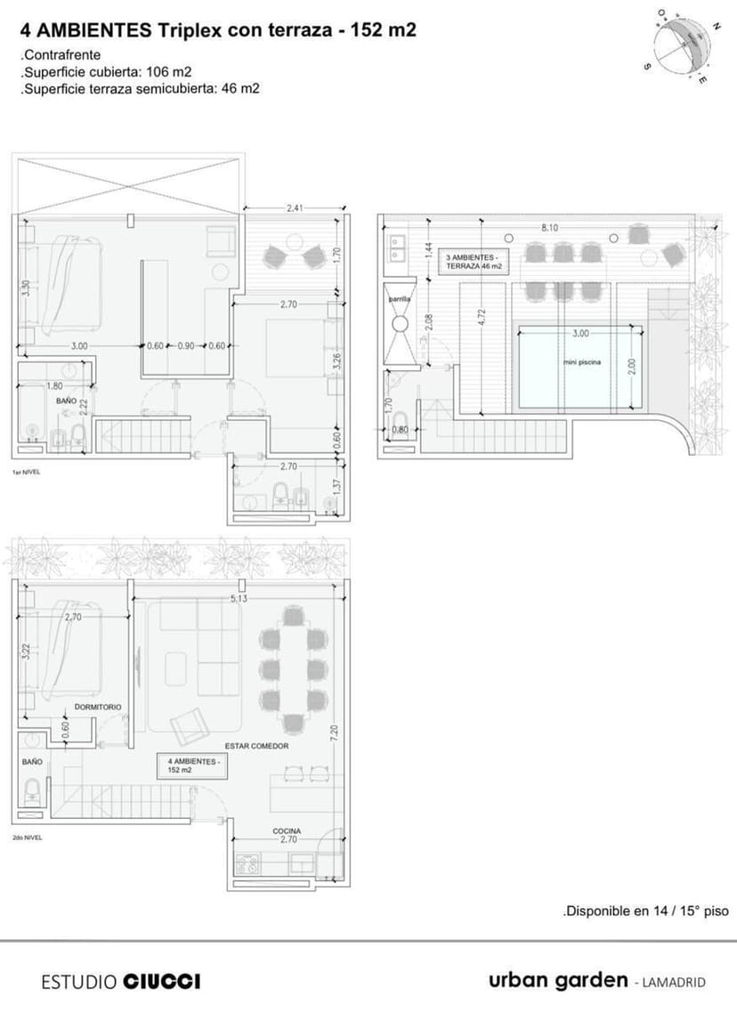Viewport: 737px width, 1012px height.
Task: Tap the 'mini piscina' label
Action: (x=582, y=362)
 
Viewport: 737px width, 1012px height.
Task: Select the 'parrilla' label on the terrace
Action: (x=400, y=300)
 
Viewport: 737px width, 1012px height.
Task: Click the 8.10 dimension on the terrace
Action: (x=549, y=228)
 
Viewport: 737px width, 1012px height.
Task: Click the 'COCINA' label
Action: (x=287, y=831)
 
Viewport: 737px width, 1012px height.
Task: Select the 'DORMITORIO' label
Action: (x=98, y=706)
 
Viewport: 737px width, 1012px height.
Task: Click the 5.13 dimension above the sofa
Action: (x=238, y=598)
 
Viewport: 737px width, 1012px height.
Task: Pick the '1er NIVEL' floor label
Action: (x=27, y=472)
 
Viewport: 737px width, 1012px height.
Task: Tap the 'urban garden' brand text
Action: (x=558, y=980)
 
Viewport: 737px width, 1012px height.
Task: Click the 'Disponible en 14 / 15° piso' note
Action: (x=645, y=911)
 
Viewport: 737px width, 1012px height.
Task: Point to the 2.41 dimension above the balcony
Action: (x=296, y=208)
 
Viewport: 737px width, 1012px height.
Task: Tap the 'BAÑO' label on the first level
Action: (x=67, y=401)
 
